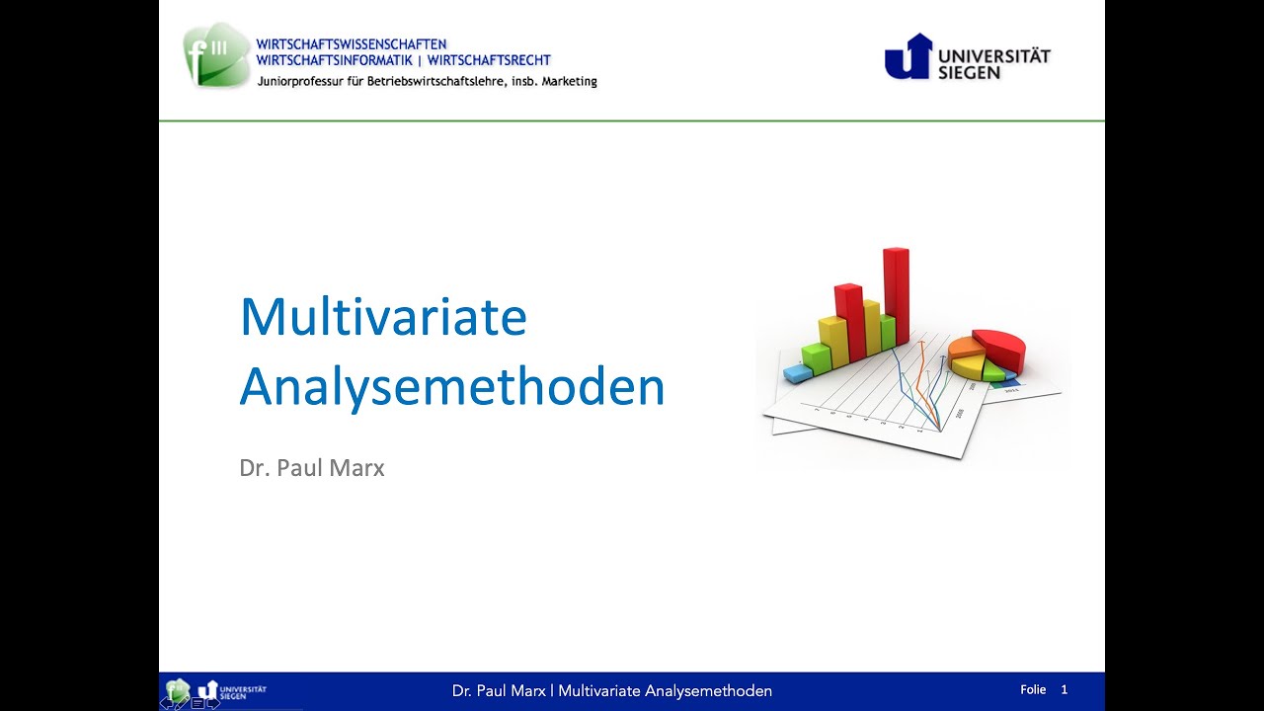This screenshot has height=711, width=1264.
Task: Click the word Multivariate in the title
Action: [383, 317]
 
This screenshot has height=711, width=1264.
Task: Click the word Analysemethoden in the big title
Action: [451, 387]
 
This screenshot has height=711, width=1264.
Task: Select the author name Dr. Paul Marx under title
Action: [311, 468]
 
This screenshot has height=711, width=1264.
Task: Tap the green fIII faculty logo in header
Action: [216, 56]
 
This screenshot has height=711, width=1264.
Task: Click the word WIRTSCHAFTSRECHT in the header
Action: [489, 61]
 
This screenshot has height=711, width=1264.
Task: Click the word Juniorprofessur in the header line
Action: [293, 82]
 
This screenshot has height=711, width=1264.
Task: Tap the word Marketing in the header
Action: [570, 82]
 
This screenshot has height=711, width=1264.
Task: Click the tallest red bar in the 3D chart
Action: [896, 296]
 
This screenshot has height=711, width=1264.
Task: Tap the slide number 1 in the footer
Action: [1064, 689]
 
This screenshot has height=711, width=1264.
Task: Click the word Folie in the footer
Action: [1033, 689]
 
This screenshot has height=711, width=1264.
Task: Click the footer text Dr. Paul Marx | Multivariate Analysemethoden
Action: [611, 691]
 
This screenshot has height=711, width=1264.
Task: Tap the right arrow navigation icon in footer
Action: [213, 703]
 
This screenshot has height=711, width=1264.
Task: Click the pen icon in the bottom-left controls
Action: [182, 703]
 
